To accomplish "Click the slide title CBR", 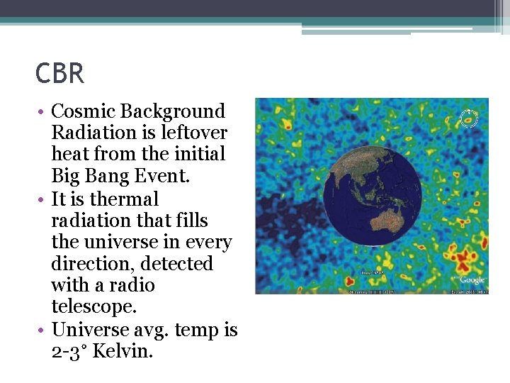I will (x=60, y=74).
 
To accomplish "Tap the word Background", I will (x=173, y=111).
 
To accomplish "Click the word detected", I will (x=176, y=264).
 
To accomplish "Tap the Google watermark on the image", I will (x=472, y=279).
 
